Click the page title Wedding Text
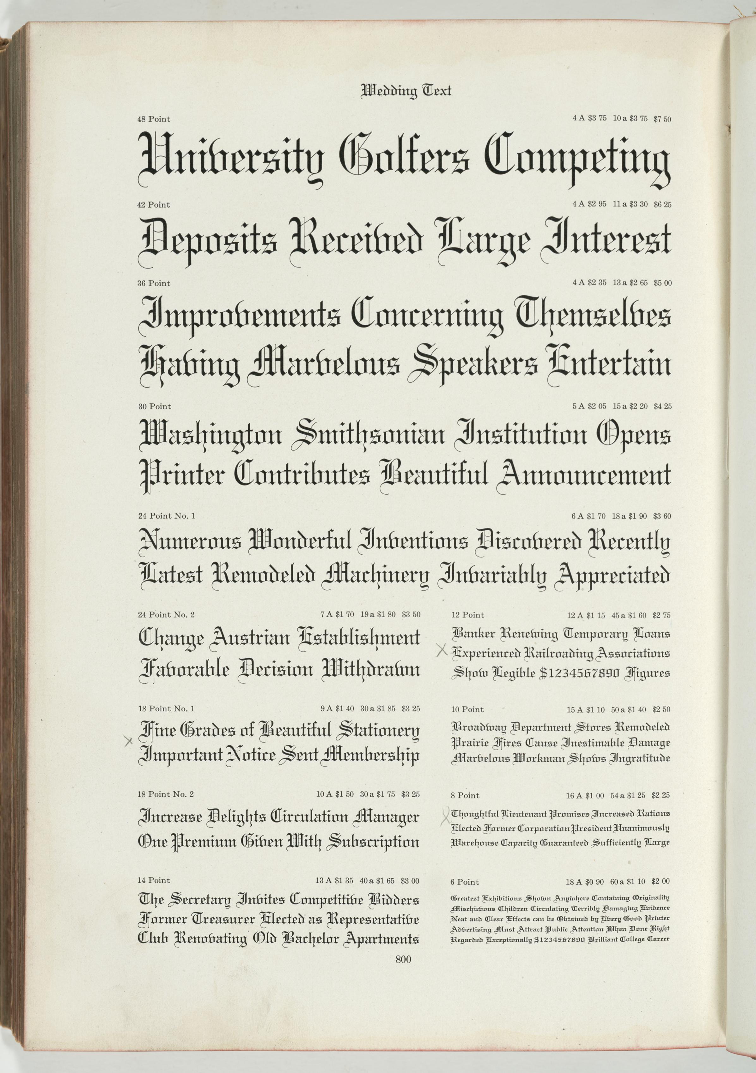(406, 90)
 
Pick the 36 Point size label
(154, 283)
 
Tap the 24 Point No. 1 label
(167, 516)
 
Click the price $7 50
(662, 119)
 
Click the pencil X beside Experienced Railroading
(442, 650)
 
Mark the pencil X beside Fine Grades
(129, 740)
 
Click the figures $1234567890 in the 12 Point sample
(579, 673)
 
